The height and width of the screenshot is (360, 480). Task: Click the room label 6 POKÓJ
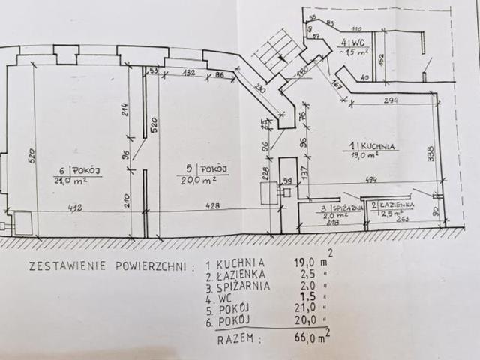click(x=78, y=171)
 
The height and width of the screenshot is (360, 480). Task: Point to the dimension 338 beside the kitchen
click(x=430, y=154)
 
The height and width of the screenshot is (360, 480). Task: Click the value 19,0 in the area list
click(x=302, y=263)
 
